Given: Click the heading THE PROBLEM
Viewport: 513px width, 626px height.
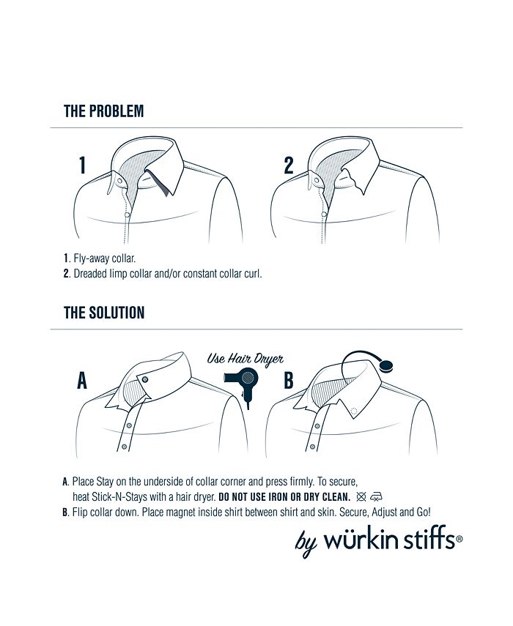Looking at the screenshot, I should click(x=103, y=111).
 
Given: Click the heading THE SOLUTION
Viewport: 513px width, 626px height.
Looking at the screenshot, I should click(x=104, y=313).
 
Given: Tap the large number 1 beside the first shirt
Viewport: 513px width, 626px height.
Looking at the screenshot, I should click(x=83, y=165).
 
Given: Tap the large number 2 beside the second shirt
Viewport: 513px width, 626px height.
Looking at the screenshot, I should click(x=289, y=165).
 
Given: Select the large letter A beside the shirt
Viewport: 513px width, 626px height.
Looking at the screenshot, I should click(x=82, y=381).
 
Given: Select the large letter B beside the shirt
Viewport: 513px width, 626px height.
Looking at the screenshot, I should click(x=288, y=381).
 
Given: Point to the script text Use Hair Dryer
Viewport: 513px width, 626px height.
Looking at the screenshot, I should click(x=245, y=359).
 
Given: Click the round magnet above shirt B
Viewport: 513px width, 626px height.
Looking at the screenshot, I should click(x=387, y=363).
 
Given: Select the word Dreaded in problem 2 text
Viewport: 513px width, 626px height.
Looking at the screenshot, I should click(x=91, y=274).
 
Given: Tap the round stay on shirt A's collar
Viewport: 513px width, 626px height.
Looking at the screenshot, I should click(x=145, y=379).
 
